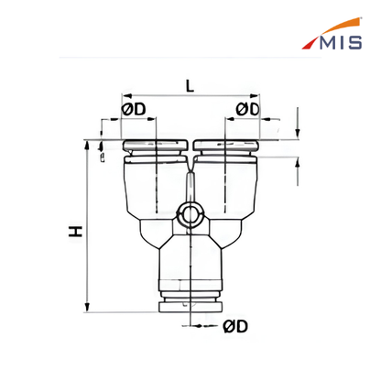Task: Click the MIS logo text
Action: point(341,42)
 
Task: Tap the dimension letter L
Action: point(190,87)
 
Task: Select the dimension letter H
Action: point(75,232)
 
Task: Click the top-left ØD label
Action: point(134,109)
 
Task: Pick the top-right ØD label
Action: point(247,109)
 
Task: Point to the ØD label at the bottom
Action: point(235,326)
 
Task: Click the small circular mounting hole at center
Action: point(190,212)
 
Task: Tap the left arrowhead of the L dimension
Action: point(126,96)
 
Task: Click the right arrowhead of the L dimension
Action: point(255,96)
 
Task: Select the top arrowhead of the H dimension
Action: point(87,146)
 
